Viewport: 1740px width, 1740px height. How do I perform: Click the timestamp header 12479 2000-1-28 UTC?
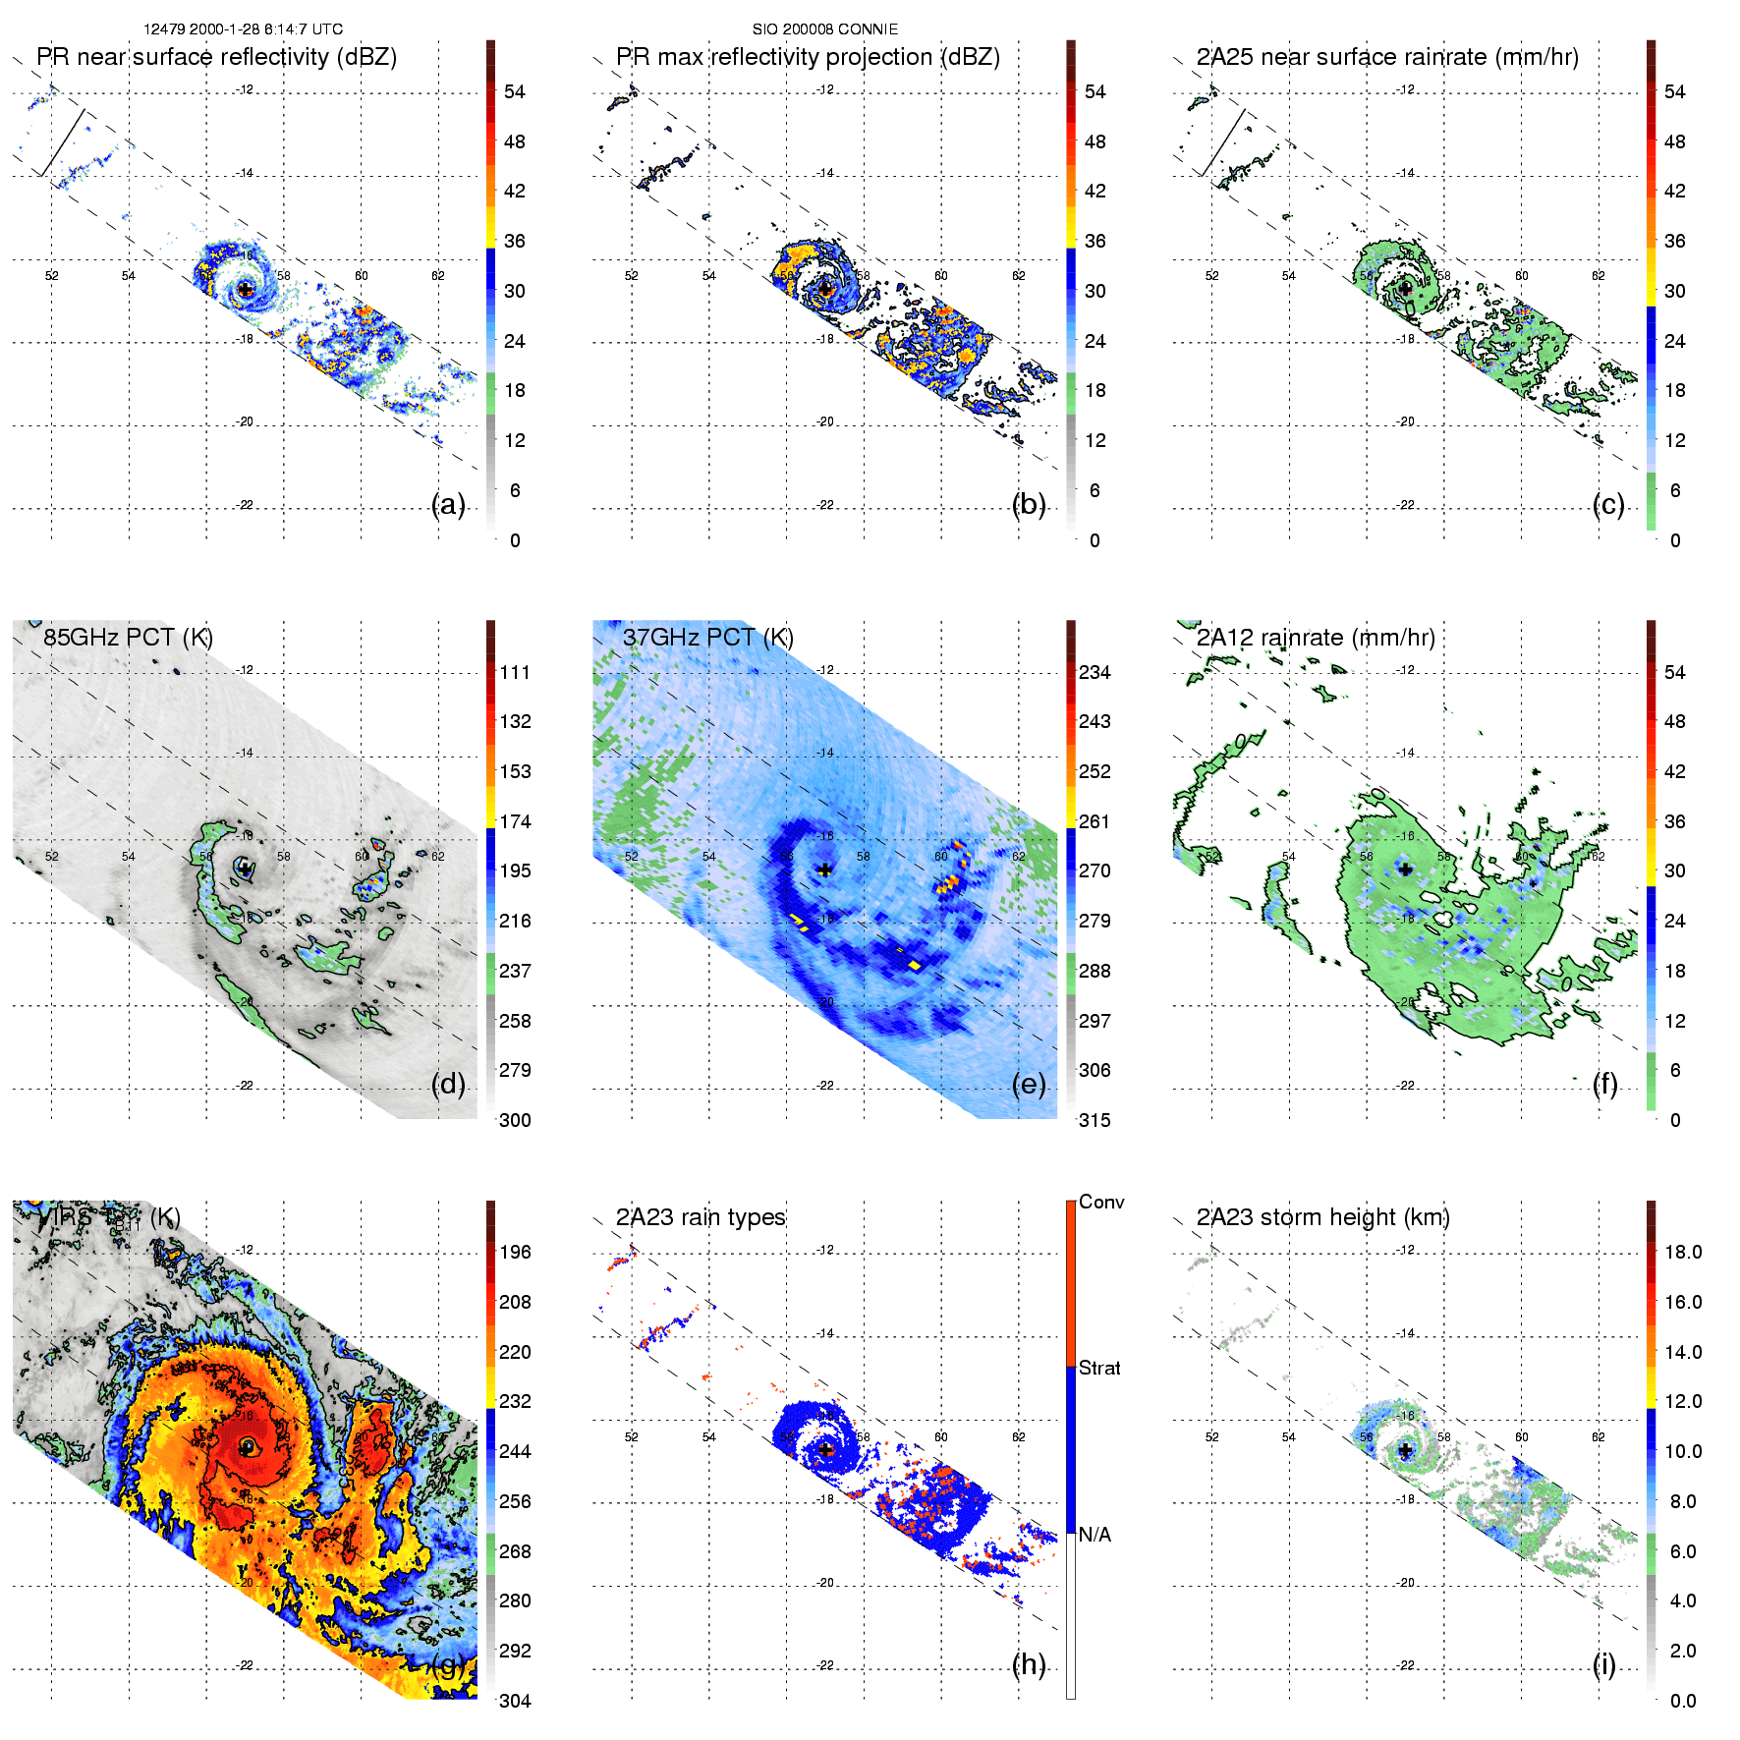pos(243,29)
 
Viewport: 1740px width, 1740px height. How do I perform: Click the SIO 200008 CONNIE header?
pos(825,29)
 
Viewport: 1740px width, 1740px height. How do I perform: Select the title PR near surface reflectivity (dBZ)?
pos(216,57)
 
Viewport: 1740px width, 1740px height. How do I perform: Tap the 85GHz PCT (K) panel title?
pos(128,638)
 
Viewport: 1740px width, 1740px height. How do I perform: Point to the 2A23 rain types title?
pos(701,1217)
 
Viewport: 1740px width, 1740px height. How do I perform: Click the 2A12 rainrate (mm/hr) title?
pos(1316,638)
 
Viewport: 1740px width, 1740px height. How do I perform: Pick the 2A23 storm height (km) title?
pos(1322,1217)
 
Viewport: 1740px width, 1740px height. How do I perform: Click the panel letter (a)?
pos(448,505)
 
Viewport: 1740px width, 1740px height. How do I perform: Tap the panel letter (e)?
pos(1029,1085)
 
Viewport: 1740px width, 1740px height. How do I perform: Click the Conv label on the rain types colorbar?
pos(1101,1202)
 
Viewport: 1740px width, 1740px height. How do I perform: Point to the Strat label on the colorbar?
pos(1099,1368)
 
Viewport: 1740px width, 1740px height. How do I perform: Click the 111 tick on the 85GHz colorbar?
pos(515,672)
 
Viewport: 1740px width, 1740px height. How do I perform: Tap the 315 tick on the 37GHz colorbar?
pos(1095,1120)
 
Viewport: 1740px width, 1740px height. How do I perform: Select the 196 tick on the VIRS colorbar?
pos(515,1252)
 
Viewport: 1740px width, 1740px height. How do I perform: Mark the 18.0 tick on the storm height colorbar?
pos(1683,1252)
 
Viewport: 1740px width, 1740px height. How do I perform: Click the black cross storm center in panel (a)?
pos(245,290)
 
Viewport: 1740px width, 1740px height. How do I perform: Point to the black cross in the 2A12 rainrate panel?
pos(1406,870)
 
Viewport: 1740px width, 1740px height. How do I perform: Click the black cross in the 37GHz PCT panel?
pos(825,870)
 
